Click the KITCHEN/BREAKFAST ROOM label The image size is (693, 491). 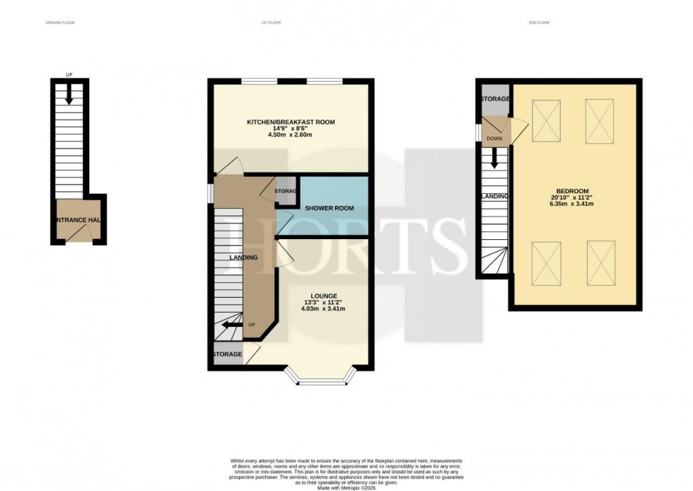(291, 122)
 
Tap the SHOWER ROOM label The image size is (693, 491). (329, 208)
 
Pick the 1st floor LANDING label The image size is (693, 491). (243, 258)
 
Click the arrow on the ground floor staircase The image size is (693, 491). (69, 96)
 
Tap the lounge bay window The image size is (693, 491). (320, 377)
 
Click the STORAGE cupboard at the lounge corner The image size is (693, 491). (227, 354)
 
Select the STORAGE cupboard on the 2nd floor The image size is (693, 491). (494, 100)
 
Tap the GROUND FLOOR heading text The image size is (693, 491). (59, 23)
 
